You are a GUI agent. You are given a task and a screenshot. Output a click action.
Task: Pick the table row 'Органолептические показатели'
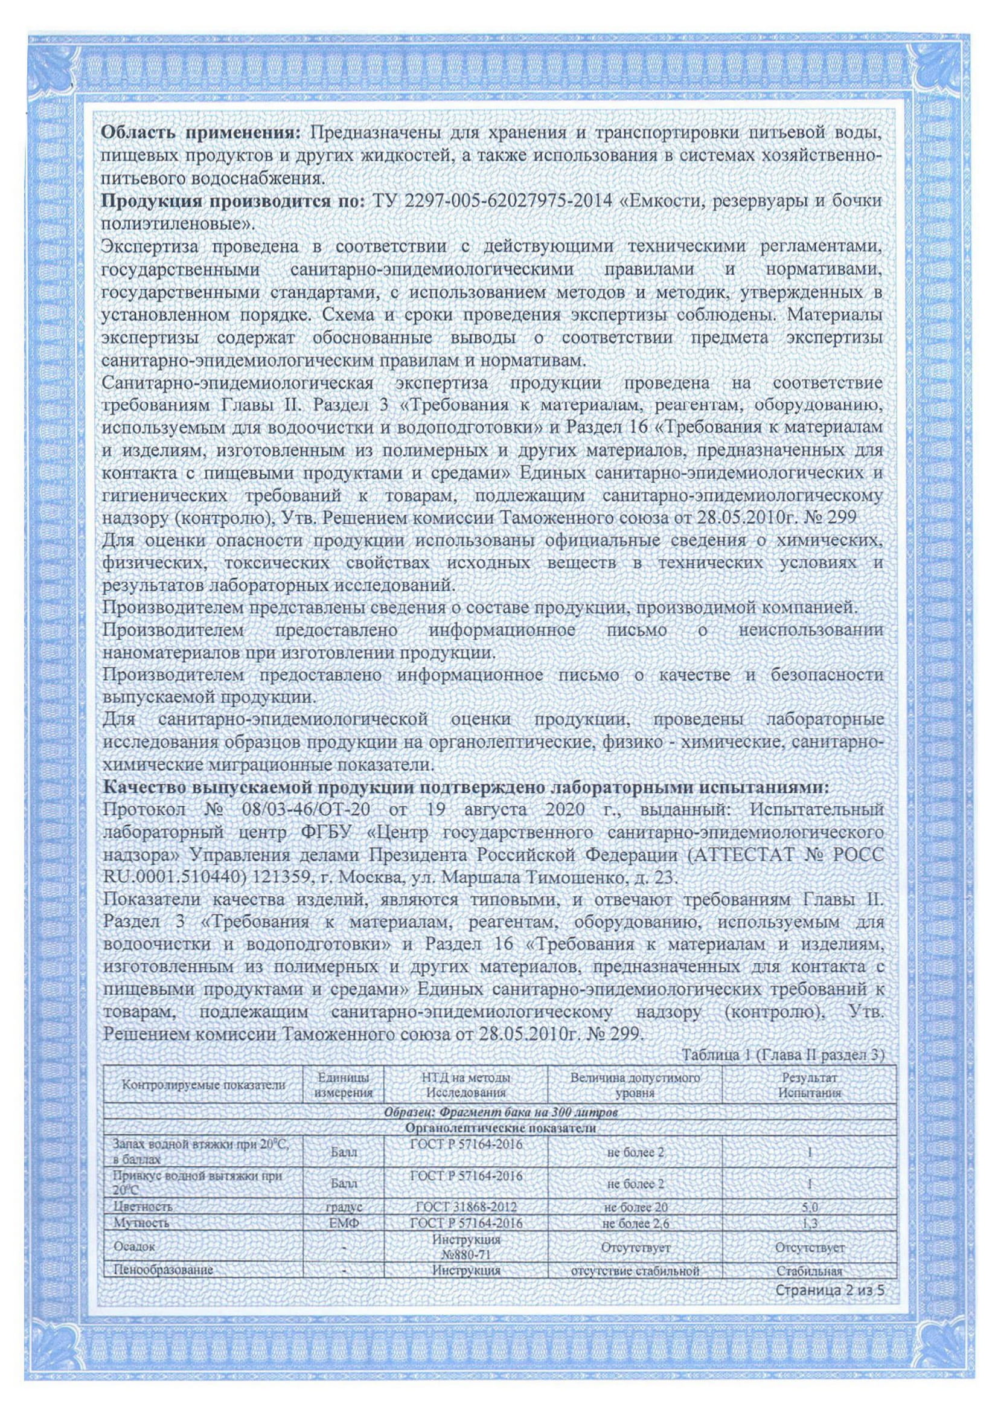501,1129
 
